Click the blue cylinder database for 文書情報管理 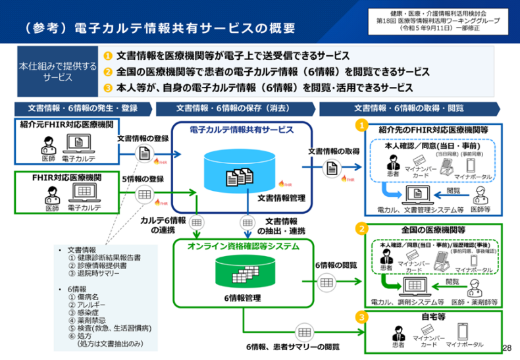point(239,172)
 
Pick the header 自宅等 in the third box point(433,317)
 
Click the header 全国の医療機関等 point(433,230)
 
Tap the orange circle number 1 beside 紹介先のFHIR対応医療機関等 point(361,124)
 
